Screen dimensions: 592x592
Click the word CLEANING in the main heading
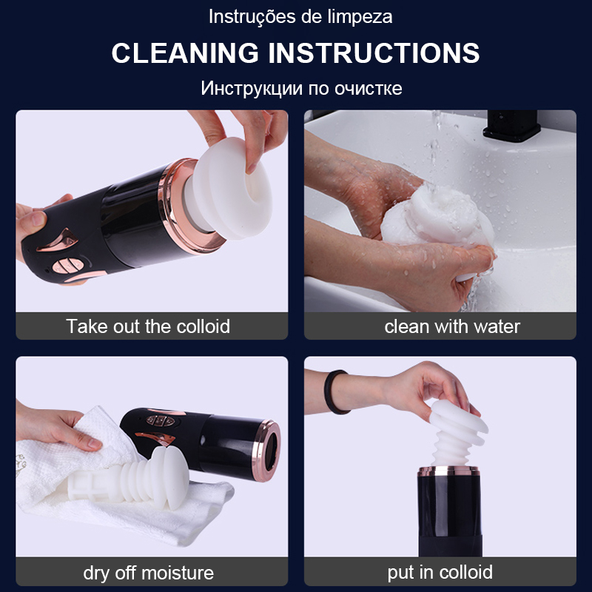pyautogui.click(x=185, y=53)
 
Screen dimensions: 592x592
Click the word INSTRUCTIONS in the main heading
pyautogui.click(x=374, y=53)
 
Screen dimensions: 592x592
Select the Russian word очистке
pyautogui.click(x=368, y=88)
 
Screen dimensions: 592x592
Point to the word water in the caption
pyautogui.click(x=497, y=326)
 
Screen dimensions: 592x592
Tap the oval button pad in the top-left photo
pyautogui.click(x=67, y=265)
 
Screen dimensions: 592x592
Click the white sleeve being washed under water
pyautogui.click(x=438, y=217)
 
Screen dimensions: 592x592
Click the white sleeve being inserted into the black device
pyautogui.click(x=457, y=434)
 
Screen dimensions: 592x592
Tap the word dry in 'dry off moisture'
pyautogui.click(x=97, y=573)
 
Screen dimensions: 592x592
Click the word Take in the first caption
pyautogui.click(x=87, y=326)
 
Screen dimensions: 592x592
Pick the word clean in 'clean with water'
pyautogui.click(x=407, y=326)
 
